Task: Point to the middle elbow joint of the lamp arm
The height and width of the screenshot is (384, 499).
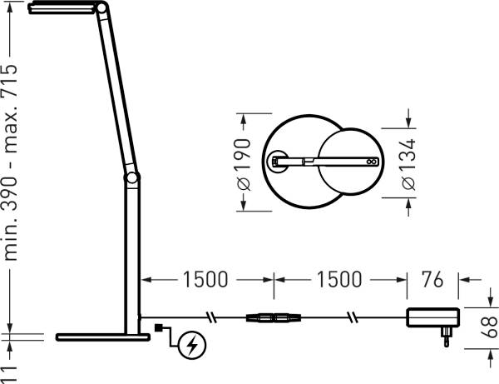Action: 131,177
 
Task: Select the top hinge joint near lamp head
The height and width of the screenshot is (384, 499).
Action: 101,9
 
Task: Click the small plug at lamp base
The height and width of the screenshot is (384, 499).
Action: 157,336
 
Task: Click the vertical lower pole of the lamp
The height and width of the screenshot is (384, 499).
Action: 131,258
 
